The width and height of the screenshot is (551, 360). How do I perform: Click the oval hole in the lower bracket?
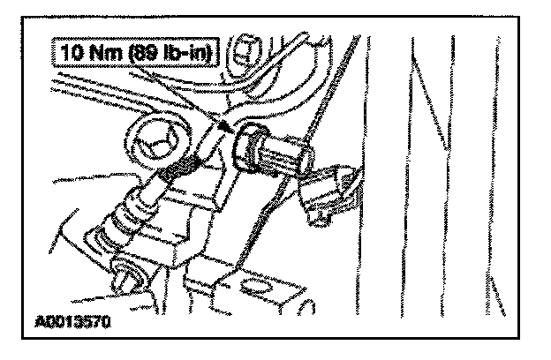[257, 285]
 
